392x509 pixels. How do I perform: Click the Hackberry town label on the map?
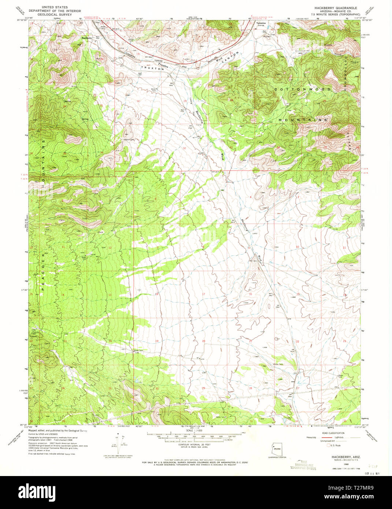point(87,38)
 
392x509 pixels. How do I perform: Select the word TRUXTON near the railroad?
point(149,68)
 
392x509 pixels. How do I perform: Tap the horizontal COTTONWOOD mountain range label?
point(303,89)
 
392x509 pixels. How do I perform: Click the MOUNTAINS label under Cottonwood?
point(303,120)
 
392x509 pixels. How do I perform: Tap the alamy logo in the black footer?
point(38,492)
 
